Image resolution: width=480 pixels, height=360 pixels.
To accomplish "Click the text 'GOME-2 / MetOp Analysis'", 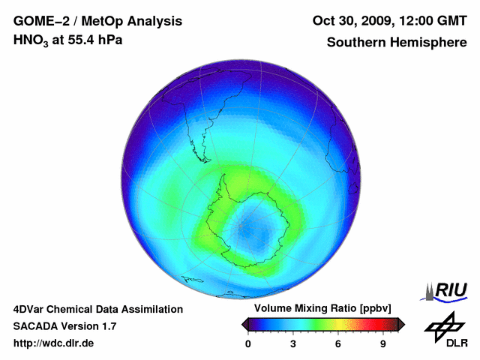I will click(97, 20).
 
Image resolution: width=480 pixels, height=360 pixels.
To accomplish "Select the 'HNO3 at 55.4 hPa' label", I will click(68, 39).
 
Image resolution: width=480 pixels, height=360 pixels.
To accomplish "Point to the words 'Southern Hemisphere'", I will click(397, 42).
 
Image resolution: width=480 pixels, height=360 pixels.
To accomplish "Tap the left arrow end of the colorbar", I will click(245, 324).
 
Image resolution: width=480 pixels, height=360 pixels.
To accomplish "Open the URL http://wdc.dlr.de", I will click(54, 343).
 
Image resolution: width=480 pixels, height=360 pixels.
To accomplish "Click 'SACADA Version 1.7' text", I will click(64, 326).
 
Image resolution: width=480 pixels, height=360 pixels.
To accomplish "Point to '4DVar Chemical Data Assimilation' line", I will click(97, 309).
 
